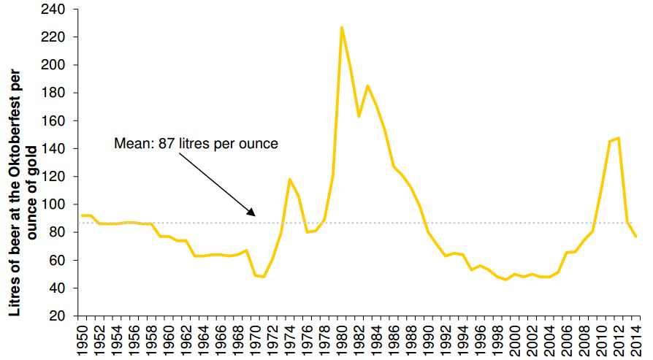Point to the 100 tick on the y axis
[61, 204]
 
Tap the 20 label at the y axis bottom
[64, 316]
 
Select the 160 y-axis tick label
[61, 121]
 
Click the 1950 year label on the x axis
[82, 339]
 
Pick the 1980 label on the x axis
[342, 339]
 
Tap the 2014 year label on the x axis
[636, 339]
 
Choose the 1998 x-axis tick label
[497, 339]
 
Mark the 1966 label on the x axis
[221, 339]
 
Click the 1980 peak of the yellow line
[342, 27]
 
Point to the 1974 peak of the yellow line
[289, 179]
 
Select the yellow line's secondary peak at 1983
[367, 85]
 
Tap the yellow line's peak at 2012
[619, 137]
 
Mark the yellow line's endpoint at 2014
[636, 237]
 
